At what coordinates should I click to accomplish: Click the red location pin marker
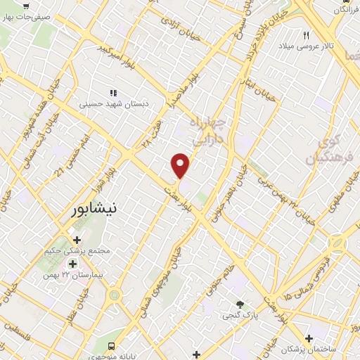181,165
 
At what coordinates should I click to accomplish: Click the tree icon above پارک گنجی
240,304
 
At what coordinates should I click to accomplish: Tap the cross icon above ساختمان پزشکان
309,338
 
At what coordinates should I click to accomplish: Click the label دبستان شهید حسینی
112,103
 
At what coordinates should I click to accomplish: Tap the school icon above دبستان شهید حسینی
112,92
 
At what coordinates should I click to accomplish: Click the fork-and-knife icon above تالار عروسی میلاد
306,35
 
